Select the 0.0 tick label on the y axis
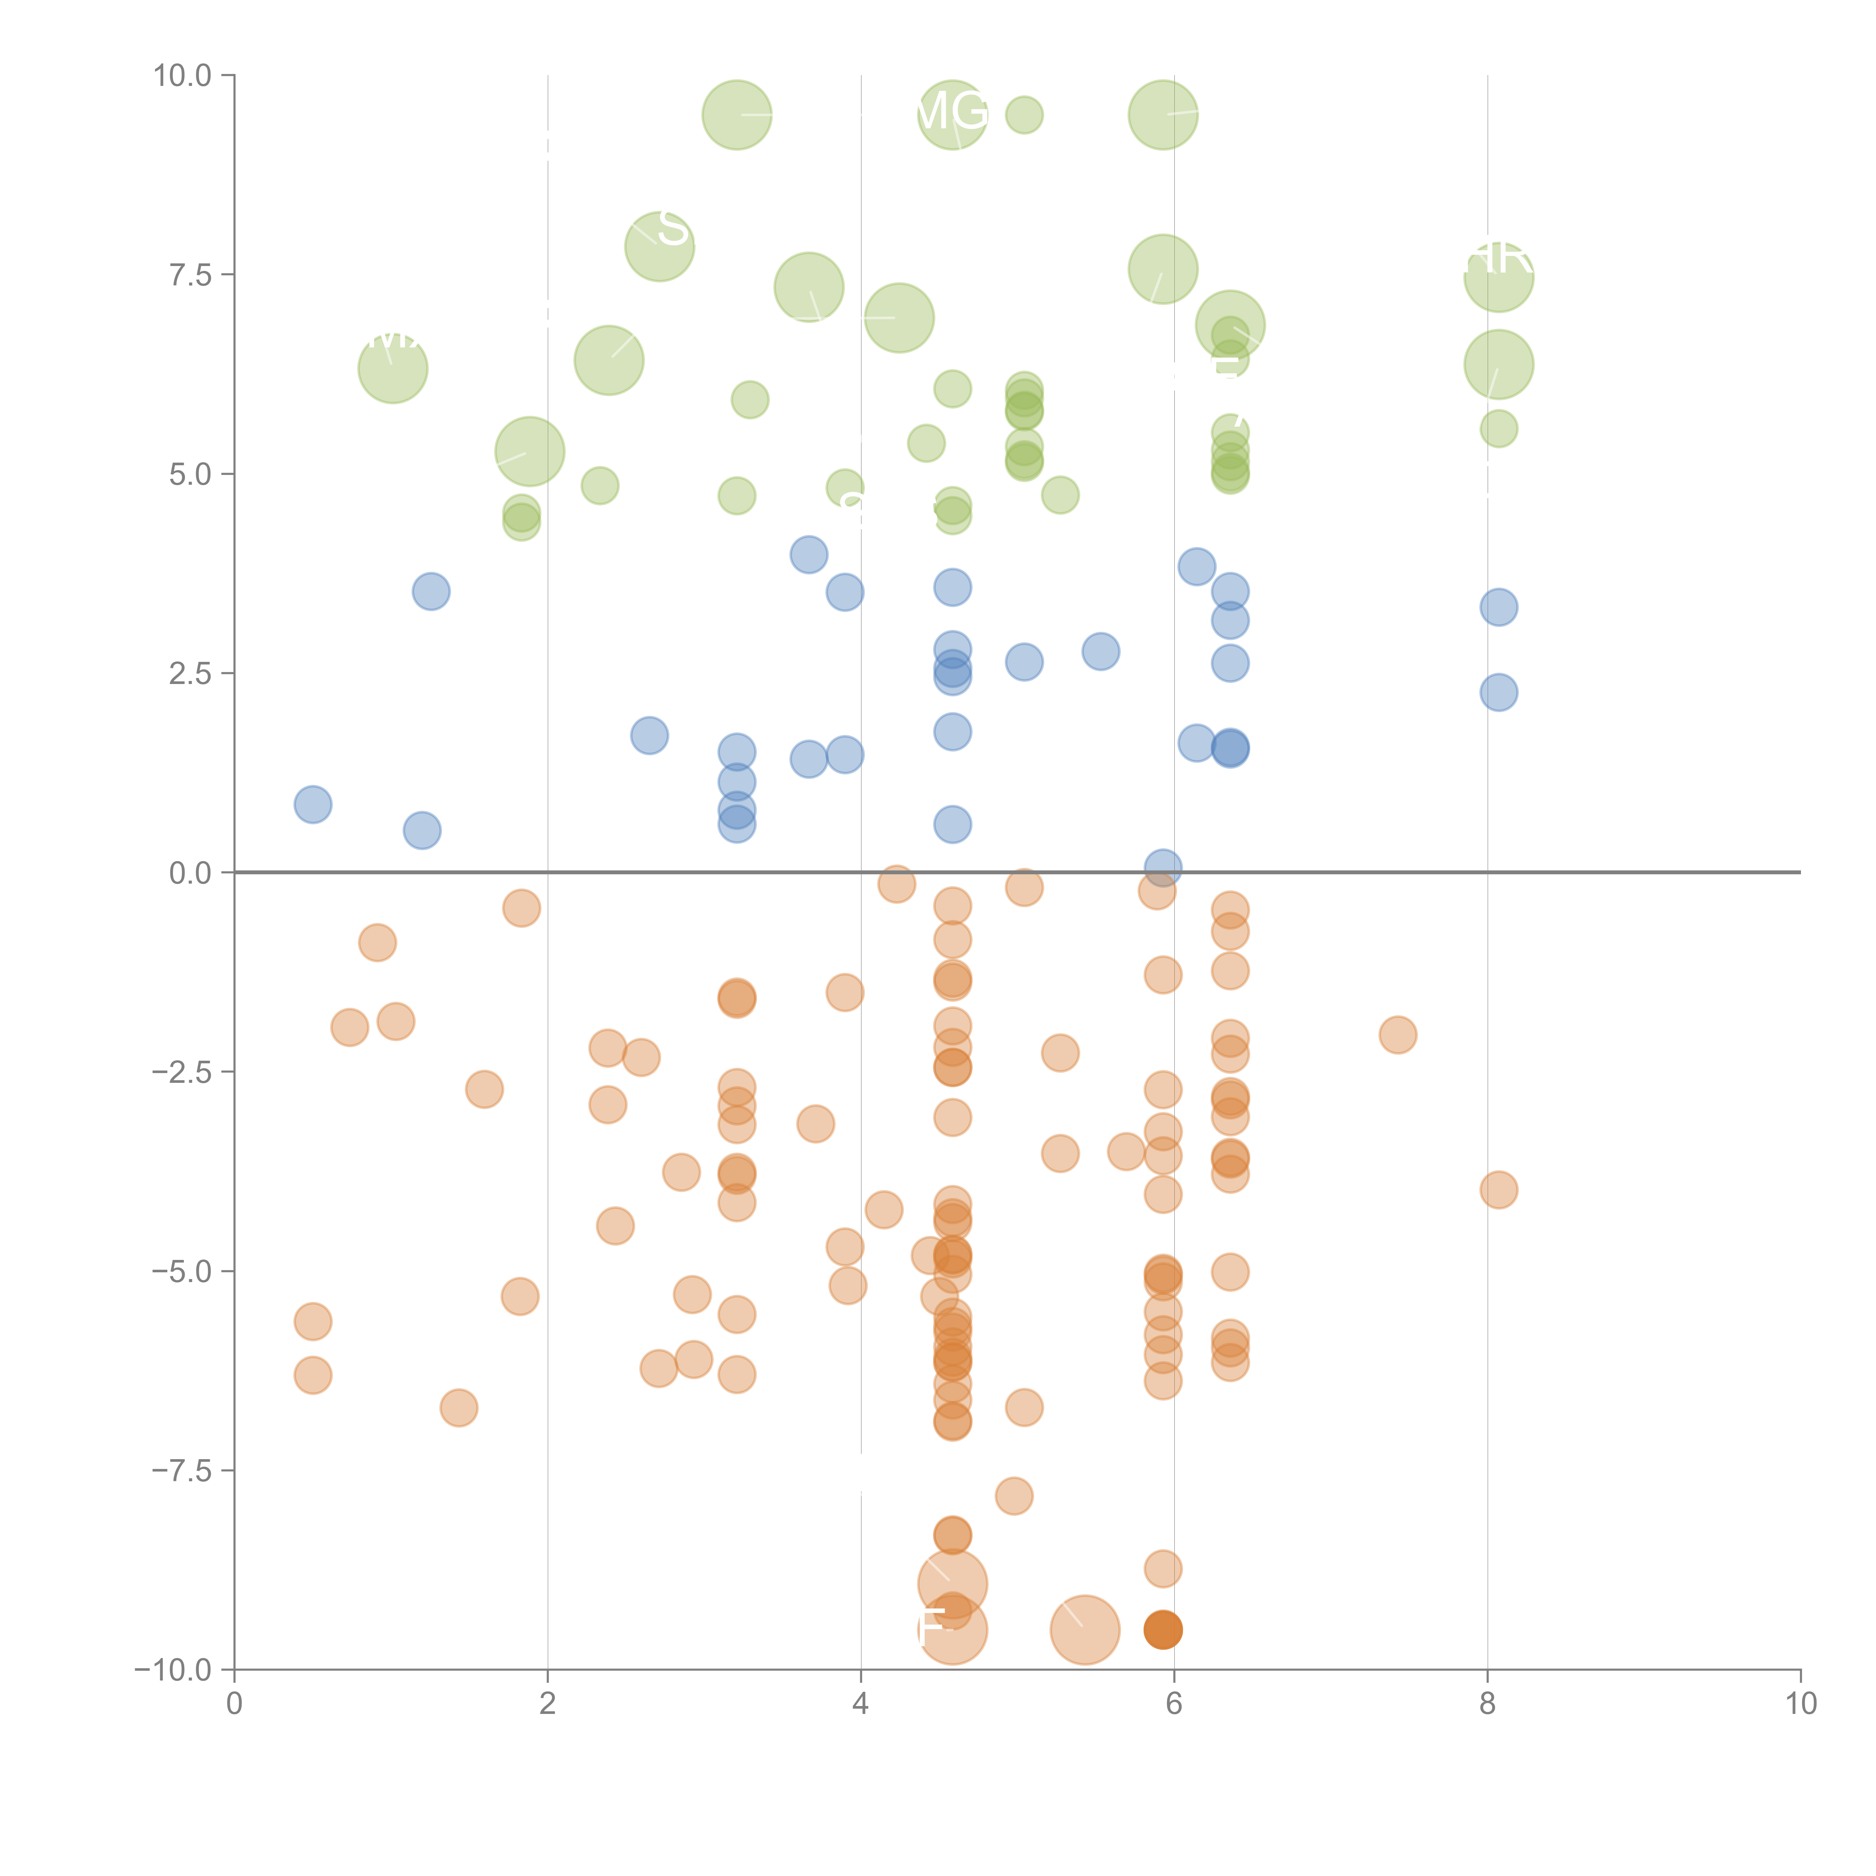(x=190, y=873)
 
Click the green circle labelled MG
(x=953, y=116)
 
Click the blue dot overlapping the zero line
(x=1162, y=867)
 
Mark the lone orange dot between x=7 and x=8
(x=1397, y=1034)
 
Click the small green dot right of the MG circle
(x=1024, y=114)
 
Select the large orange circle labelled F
(x=953, y=1630)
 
